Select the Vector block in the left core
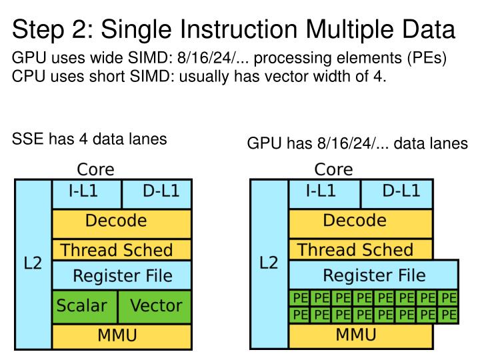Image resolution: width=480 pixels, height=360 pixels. [x=155, y=306]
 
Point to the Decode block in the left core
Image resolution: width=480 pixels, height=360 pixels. [x=121, y=221]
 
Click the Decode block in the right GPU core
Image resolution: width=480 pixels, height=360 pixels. [x=361, y=221]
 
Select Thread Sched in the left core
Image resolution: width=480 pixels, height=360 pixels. [x=121, y=251]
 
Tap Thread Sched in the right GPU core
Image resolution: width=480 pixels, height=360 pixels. [x=361, y=251]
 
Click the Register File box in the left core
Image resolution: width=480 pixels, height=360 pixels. [x=121, y=275]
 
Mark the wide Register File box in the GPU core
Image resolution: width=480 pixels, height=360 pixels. [x=373, y=275]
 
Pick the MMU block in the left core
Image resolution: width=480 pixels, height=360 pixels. [x=121, y=335]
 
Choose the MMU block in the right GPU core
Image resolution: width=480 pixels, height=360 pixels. [x=361, y=335]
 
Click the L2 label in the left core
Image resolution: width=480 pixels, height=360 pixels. [x=32, y=263]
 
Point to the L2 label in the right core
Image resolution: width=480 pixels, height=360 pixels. [x=269, y=263]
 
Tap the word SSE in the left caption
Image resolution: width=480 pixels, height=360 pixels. [x=28, y=139]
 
